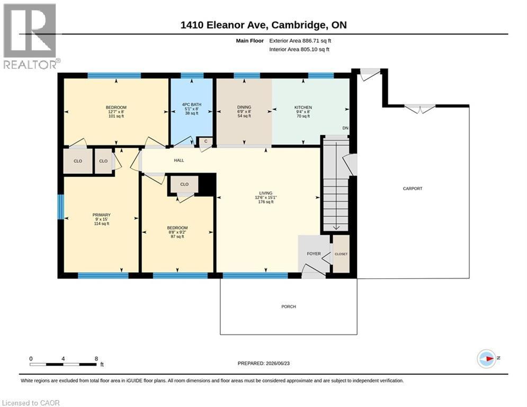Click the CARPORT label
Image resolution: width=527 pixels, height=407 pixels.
coord(413,188)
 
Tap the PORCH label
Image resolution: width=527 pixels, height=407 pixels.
coord(289,306)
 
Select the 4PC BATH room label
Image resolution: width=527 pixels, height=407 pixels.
coord(192,104)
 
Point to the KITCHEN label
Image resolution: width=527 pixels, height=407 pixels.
coord(303,107)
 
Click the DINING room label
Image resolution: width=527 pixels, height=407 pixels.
coord(244,107)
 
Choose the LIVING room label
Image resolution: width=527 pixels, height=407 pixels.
coord(265,193)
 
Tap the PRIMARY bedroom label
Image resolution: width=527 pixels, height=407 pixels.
coord(102,215)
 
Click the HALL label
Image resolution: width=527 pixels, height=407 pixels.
coord(179,161)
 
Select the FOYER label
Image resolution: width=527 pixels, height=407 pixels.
coord(314,254)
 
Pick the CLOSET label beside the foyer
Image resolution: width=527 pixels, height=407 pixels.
coord(341,254)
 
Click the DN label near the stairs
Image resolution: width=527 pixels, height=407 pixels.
coord(345,128)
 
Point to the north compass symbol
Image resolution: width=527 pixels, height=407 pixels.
coord(487,359)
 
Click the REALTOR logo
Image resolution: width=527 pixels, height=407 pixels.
coord(30,37)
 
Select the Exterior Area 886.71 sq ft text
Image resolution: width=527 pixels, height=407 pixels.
coord(300,41)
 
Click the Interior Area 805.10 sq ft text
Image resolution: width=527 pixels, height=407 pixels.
coord(299,49)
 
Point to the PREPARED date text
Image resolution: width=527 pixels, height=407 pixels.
coord(264,363)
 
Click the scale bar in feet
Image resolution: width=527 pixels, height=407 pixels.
coord(63,364)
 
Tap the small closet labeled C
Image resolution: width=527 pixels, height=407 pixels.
coord(206,141)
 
